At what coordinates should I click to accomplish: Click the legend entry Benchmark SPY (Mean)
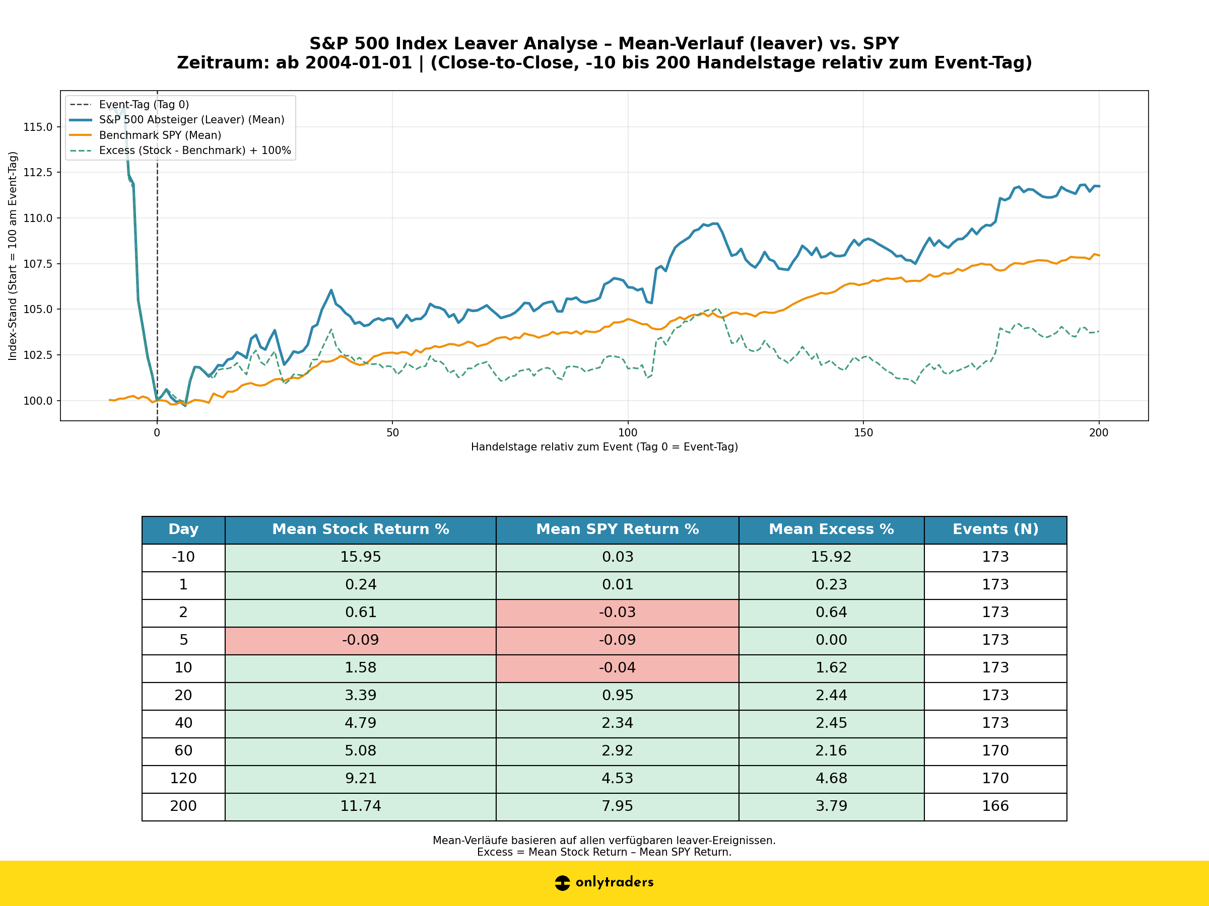click(x=160, y=135)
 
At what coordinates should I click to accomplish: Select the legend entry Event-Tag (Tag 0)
click(x=144, y=104)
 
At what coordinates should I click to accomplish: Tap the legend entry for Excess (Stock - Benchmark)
click(x=194, y=150)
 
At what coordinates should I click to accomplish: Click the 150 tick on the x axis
click(x=863, y=433)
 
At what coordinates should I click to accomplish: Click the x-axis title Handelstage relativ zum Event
click(x=604, y=447)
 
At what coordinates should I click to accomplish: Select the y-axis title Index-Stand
click(x=13, y=256)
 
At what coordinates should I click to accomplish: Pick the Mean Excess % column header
click(x=831, y=529)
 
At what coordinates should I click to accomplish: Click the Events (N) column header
click(x=995, y=529)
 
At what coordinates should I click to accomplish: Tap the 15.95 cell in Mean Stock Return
click(x=360, y=557)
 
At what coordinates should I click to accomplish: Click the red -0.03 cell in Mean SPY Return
click(x=617, y=612)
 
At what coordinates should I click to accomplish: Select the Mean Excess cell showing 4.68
click(x=831, y=778)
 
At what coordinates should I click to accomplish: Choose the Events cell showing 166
click(x=995, y=806)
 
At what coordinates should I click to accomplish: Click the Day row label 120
click(x=183, y=778)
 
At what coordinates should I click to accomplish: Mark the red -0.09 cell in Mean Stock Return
click(x=360, y=640)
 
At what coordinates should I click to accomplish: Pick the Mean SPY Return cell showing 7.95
click(x=617, y=806)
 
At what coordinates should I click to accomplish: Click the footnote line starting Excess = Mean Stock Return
click(x=604, y=852)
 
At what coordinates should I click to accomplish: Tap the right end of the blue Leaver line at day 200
click(x=1098, y=186)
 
